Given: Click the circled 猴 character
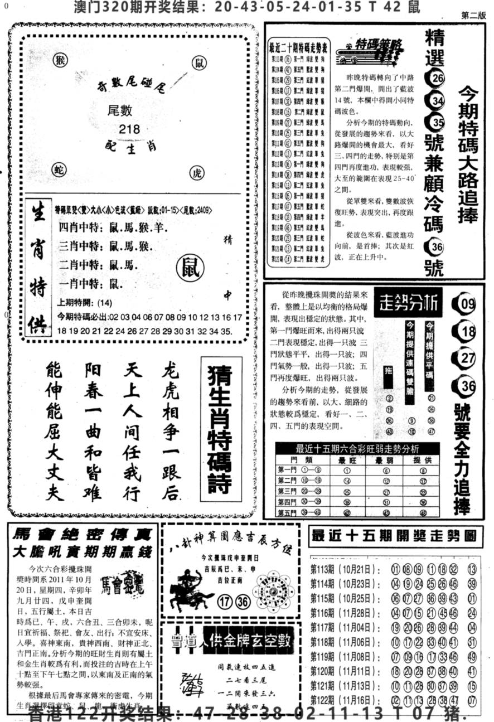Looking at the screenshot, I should tap(60, 60).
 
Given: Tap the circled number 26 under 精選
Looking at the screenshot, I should tap(436, 78).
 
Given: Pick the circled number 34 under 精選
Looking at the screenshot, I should tap(436, 100).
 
